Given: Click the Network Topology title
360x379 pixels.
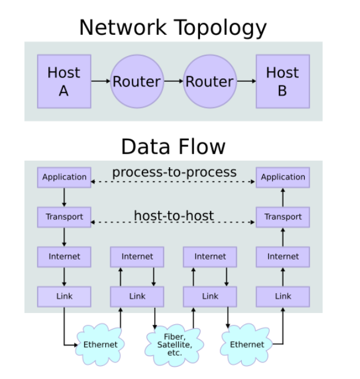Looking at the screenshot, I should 173,28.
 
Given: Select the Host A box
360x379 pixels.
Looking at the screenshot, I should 64,81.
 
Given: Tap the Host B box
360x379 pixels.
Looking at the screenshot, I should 282,81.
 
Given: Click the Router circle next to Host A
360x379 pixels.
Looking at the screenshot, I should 136,81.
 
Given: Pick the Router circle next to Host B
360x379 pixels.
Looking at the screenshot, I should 209,81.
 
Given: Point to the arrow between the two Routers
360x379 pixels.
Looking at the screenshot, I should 173,81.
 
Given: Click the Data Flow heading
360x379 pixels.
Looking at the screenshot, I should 173,145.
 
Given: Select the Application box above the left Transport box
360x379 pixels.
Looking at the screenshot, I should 64,177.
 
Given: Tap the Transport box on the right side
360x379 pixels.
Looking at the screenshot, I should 283,217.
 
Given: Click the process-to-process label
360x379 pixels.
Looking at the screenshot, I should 174,172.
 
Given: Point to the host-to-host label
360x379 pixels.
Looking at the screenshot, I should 174,215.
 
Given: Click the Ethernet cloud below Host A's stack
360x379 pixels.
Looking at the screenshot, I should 100,344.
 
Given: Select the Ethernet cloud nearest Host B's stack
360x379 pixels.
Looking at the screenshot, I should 247,344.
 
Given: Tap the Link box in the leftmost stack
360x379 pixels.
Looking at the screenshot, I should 64,296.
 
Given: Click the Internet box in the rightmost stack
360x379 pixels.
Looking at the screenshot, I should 283,257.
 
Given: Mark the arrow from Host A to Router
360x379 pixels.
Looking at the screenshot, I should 101,81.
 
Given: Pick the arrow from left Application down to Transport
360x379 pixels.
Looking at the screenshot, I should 64,197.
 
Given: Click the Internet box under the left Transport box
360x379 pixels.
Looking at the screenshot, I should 64,257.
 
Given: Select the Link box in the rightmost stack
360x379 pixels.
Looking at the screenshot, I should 283,296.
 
